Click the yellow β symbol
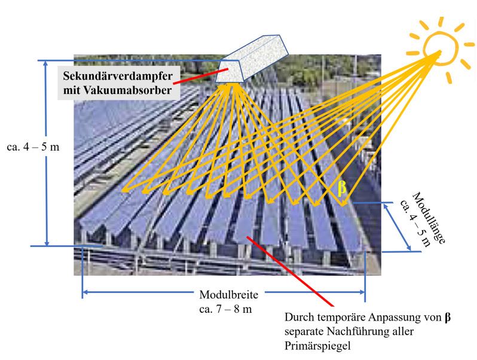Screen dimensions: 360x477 [342, 188]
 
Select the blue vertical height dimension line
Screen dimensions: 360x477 [46, 152]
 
